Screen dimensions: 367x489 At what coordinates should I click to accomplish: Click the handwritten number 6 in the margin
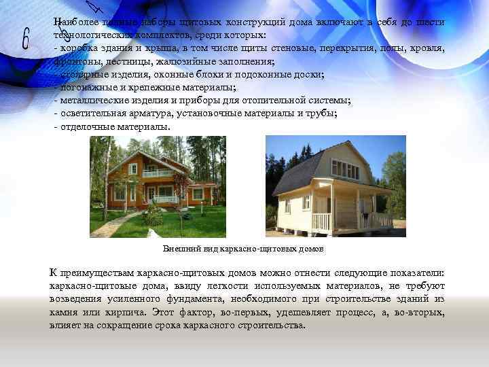coord(26,39)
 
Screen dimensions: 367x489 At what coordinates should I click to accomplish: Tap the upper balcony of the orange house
coord(158,173)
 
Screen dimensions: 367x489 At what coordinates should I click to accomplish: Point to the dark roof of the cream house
coord(299,171)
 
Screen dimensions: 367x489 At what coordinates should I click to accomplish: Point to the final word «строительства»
coord(268,325)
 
